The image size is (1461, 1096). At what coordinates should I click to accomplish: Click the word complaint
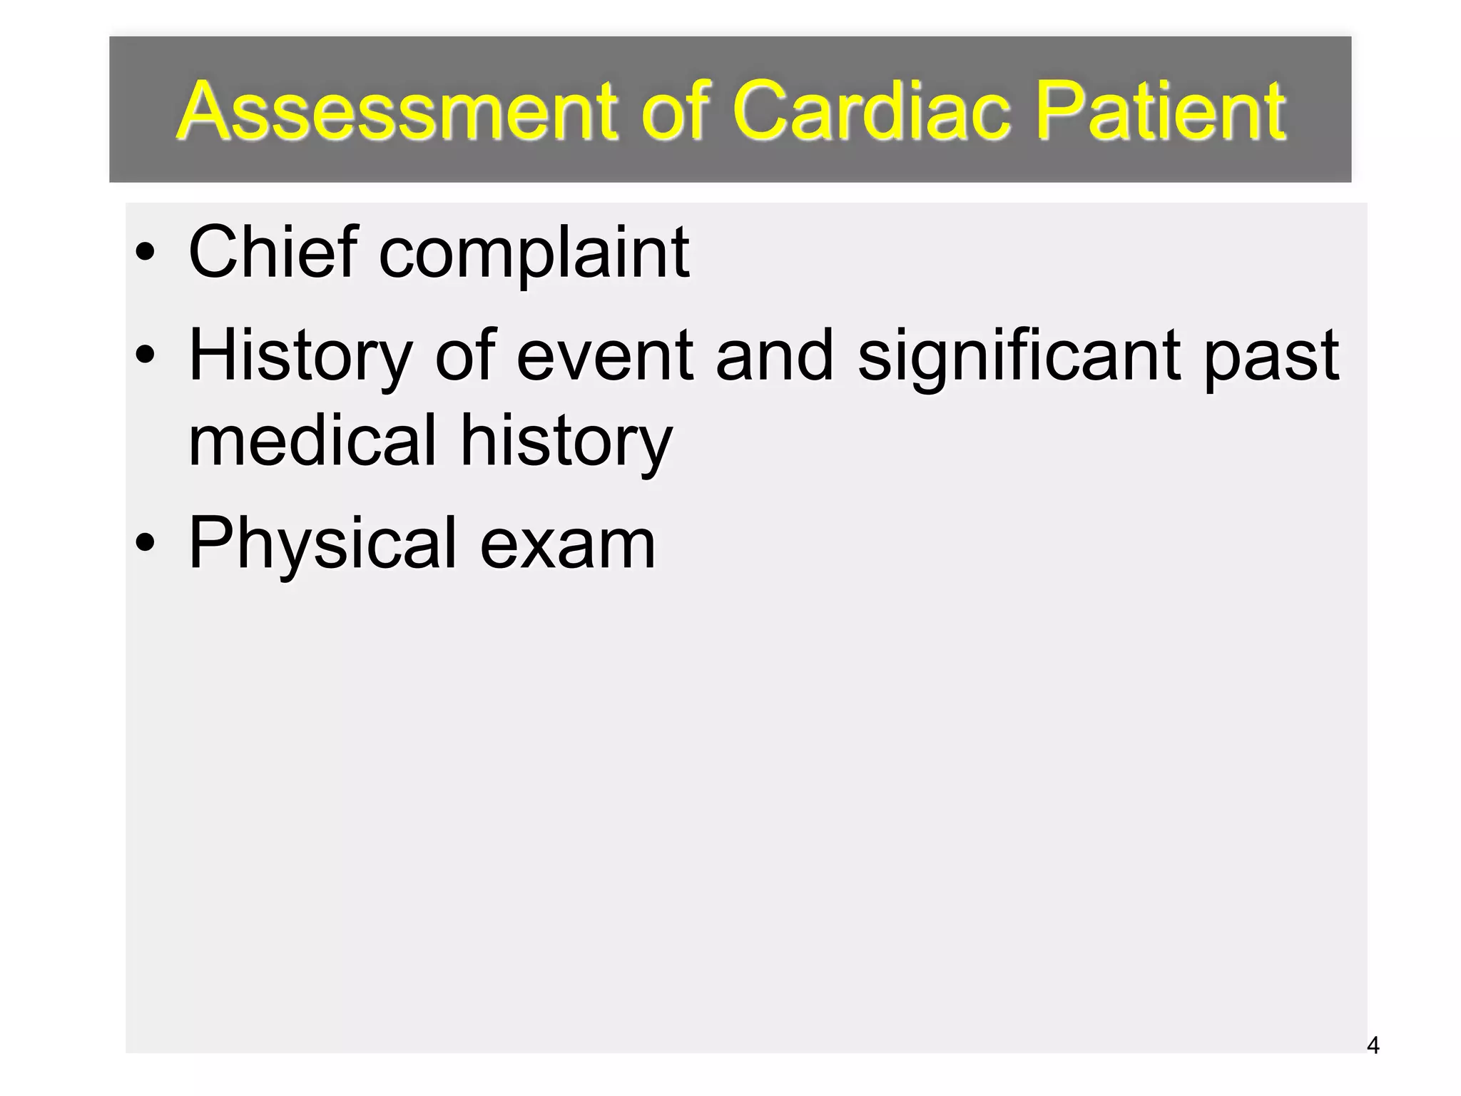(x=534, y=253)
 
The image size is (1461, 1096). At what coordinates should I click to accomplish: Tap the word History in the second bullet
(x=300, y=357)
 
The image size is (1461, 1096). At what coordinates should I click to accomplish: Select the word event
(x=604, y=355)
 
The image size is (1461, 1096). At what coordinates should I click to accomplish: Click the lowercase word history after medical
(x=566, y=441)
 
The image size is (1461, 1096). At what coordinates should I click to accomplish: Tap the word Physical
(x=322, y=545)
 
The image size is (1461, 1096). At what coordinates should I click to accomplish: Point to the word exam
(x=568, y=545)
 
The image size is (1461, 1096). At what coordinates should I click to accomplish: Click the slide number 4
(x=1373, y=1046)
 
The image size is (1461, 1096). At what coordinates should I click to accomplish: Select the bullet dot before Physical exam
(x=145, y=544)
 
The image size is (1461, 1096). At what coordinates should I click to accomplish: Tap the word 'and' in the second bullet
(x=775, y=355)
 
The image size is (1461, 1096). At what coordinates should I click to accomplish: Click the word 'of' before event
(x=464, y=355)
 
